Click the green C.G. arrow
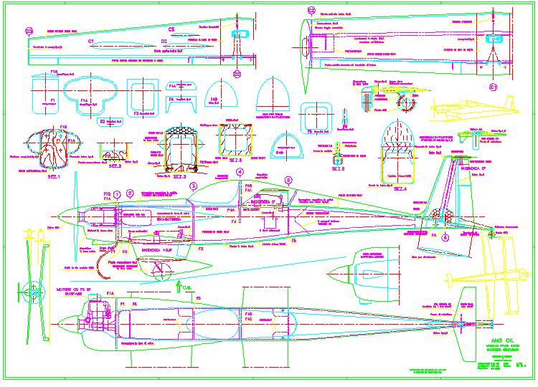(x=178, y=288)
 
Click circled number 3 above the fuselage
(x=193, y=186)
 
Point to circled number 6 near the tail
(x=445, y=237)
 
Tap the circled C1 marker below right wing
(x=494, y=87)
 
